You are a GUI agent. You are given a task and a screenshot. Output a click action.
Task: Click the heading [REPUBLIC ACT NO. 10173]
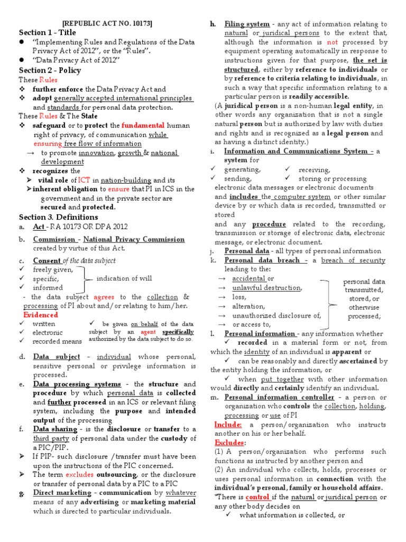pos(108,23)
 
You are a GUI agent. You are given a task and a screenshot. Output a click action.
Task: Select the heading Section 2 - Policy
pos(50,70)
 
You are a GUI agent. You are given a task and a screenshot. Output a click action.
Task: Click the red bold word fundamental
pos(141,125)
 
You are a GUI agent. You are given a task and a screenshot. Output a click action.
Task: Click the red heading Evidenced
pos(41,315)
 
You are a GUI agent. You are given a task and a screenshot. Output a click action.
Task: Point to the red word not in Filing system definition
pos(332,42)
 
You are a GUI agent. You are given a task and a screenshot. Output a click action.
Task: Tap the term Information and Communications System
pos(296,151)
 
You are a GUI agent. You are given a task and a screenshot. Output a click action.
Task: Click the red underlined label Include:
pos(228,424)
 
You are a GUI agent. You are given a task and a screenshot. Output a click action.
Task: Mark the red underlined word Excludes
pos(229,442)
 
